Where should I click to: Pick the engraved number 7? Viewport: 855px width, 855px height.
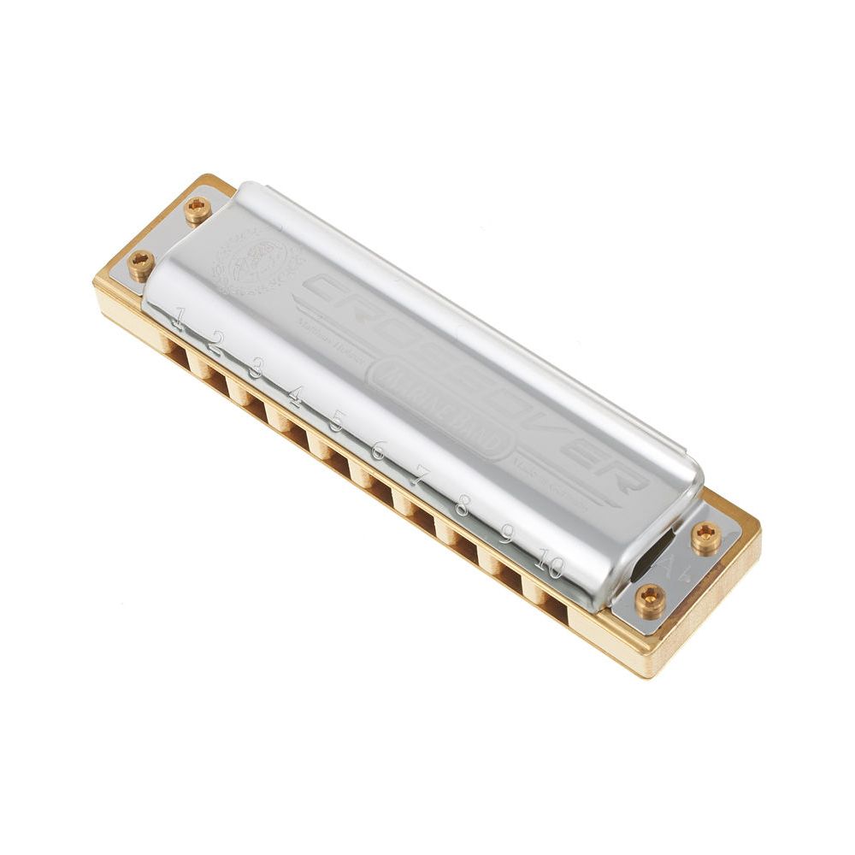pyautogui.click(x=418, y=475)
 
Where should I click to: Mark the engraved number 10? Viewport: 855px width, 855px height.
pyautogui.click(x=550, y=564)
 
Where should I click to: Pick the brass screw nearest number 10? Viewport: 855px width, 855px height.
pyautogui.click(x=650, y=601)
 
